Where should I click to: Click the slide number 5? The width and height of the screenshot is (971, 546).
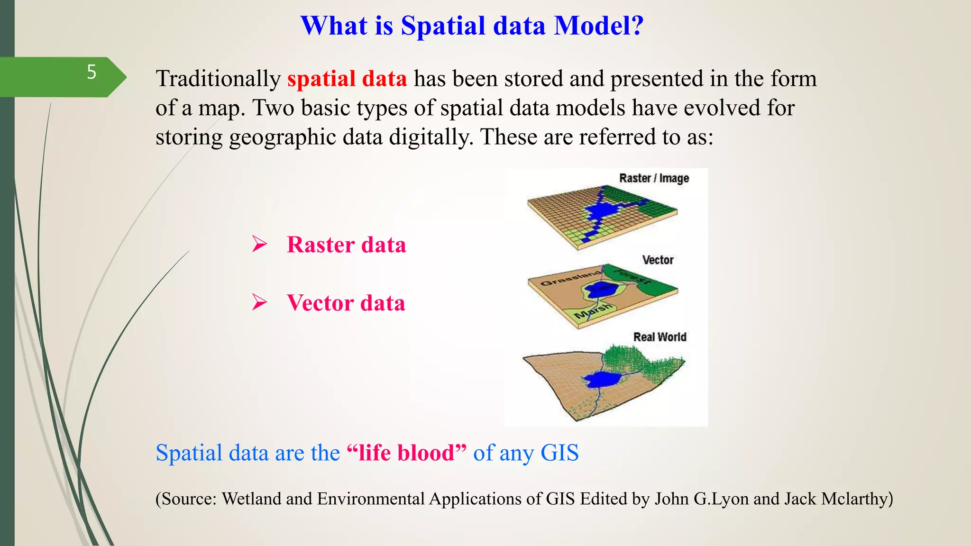click(x=92, y=73)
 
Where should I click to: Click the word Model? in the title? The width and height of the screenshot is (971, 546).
click(x=599, y=26)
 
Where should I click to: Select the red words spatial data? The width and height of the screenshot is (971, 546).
click(x=347, y=79)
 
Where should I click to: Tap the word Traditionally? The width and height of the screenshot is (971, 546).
click(x=218, y=79)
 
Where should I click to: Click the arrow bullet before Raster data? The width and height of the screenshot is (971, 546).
click(x=259, y=244)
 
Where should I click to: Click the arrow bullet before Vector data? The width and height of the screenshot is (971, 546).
click(x=259, y=302)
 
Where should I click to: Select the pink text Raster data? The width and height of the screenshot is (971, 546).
click(x=346, y=245)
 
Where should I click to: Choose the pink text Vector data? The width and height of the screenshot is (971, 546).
click(x=346, y=303)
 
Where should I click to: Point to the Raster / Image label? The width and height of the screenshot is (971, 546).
click(x=654, y=178)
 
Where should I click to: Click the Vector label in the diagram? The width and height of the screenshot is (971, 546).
click(x=658, y=260)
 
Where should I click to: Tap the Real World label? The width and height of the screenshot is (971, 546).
click(x=660, y=337)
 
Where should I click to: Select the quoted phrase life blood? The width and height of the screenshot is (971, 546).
click(x=406, y=453)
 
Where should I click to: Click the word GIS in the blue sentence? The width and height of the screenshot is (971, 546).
click(x=559, y=453)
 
